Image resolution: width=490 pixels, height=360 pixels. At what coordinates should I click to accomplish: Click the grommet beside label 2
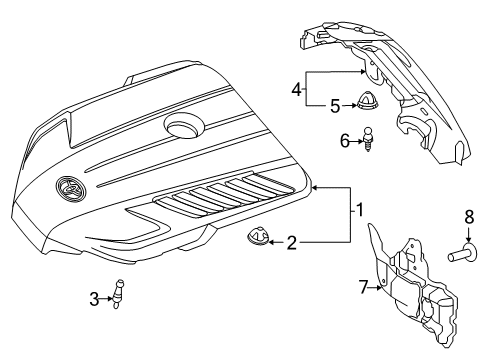point(257,239)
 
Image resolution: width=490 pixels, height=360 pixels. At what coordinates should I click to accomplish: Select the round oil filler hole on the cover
point(184,127)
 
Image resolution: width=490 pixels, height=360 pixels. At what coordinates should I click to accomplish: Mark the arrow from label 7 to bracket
point(379,287)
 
